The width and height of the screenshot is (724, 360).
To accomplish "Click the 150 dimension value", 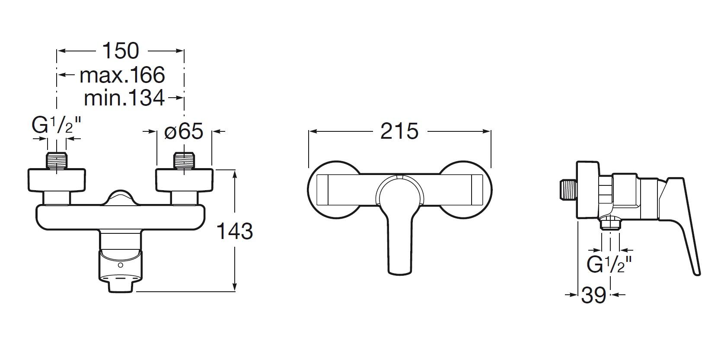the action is pyautogui.click(x=121, y=51).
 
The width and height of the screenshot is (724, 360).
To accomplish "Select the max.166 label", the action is pyautogui.click(x=122, y=75).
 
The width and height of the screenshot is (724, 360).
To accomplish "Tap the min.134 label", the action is pyautogui.click(x=124, y=98).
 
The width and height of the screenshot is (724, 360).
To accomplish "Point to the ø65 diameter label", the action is pyautogui.click(x=184, y=131).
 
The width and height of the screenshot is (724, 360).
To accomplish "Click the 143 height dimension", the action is pyautogui.click(x=234, y=231).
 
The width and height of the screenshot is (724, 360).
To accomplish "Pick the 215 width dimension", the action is pyautogui.click(x=399, y=131).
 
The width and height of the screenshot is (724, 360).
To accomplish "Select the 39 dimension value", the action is pyautogui.click(x=593, y=295).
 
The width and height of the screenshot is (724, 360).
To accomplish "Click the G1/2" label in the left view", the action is pyautogui.click(x=56, y=125).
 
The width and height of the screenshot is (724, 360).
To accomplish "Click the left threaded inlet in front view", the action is pyautogui.click(x=57, y=160).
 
